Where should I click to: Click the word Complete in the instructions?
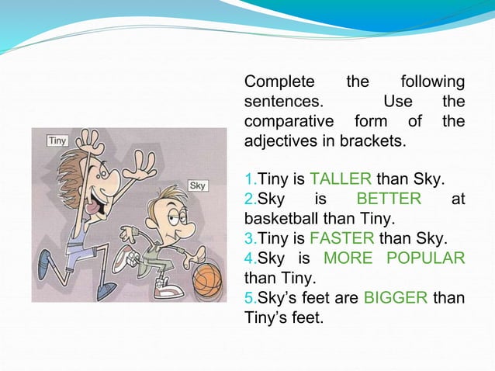click(279, 82)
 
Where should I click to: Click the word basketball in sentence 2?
click(282, 218)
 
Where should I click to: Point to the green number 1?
click(248, 181)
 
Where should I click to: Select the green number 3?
click(248, 238)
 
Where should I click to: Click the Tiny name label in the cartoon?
click(57, 140)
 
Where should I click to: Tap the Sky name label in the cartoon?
click(198, 186)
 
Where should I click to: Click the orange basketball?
click(206, 277)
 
